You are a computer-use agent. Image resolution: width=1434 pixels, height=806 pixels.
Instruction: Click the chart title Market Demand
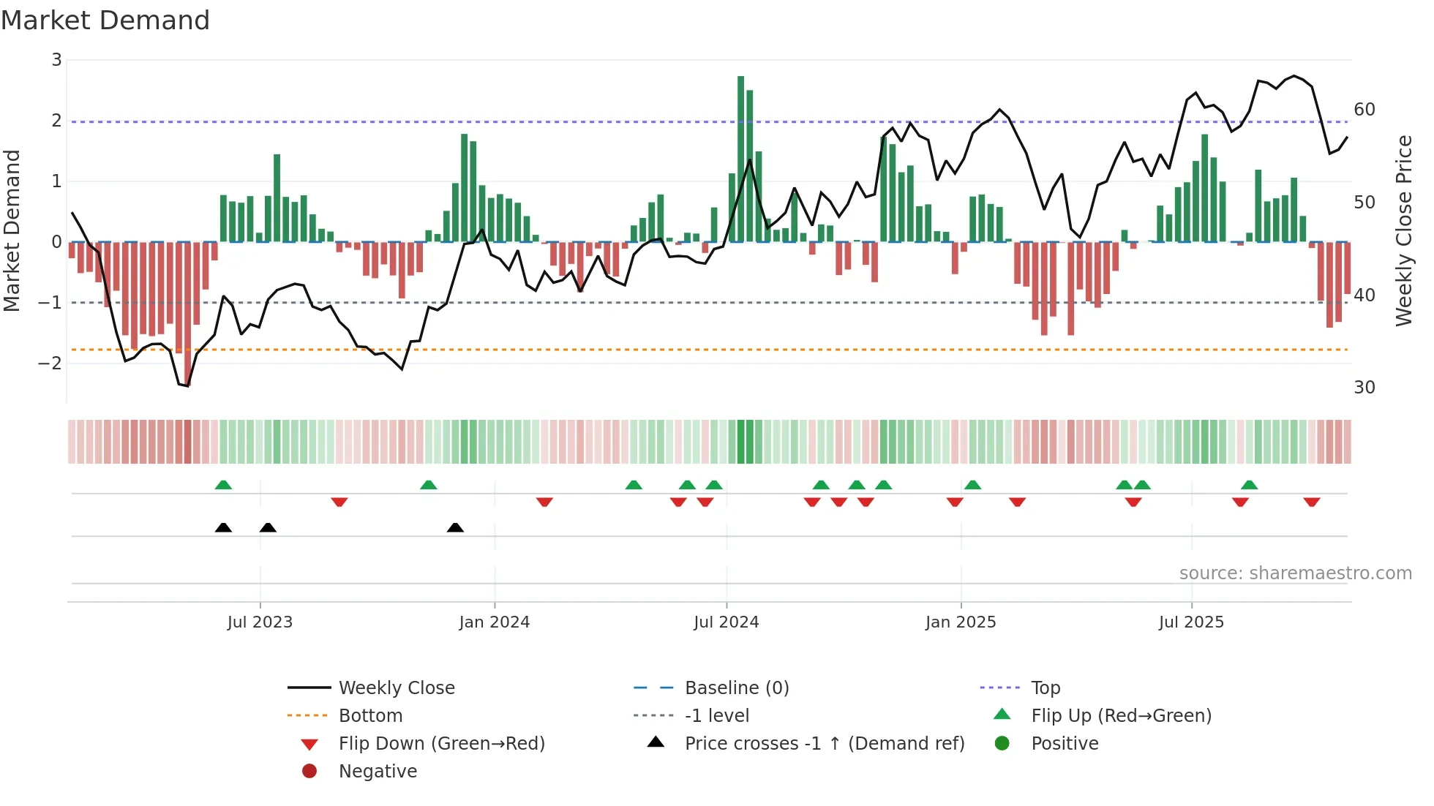(105, 20)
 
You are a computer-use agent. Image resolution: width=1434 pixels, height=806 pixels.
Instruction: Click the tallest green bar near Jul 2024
(740, 159)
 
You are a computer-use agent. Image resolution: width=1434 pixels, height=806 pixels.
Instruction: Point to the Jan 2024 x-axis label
(494, 622)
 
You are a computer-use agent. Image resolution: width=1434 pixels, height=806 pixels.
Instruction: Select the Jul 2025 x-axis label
(1191, 622)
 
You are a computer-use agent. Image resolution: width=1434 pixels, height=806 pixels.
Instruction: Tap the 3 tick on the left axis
(56, 60)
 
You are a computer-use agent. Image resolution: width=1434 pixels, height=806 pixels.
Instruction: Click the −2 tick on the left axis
(50, 363)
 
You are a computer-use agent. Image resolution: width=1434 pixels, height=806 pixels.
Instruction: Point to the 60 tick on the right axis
(1364, 110)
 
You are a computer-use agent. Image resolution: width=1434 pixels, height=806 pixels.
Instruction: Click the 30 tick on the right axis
(1364, 388)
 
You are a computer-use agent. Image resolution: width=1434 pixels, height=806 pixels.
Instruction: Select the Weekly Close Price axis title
(1403, 230)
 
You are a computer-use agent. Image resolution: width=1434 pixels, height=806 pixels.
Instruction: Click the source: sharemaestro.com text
(1295, 573)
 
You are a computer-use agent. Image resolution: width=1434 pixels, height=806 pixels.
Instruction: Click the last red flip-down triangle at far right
(1311, 502)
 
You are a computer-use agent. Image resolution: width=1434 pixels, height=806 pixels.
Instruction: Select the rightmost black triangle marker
(455, 527)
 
